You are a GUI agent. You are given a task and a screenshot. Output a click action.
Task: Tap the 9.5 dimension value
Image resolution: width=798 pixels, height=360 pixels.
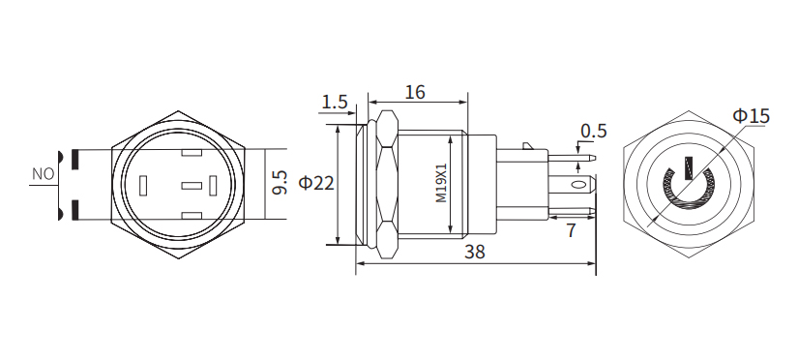280,182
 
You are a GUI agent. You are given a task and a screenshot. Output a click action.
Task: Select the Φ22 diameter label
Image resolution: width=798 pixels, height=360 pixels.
316,183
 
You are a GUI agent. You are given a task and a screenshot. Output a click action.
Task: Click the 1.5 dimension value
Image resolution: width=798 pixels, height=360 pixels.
335,102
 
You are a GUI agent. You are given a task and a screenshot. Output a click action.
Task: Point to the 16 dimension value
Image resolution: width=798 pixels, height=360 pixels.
414,93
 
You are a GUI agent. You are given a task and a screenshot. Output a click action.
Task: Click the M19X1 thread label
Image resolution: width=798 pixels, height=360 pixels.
441,183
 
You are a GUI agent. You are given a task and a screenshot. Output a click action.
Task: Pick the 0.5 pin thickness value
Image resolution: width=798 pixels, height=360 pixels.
593,131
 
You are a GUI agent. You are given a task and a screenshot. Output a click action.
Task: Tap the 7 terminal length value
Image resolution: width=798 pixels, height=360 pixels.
571,230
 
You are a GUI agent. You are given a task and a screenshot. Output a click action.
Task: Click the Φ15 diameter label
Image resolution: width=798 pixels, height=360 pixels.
752,116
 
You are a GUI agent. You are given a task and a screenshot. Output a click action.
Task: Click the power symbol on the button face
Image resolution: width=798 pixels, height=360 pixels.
688,184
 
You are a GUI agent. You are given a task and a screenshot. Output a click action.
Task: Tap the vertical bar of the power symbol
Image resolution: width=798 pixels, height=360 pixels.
689,170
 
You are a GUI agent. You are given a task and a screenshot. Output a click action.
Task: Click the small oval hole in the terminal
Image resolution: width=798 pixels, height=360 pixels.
578,183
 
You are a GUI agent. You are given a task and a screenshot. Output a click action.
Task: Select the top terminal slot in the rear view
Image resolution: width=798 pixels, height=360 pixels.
191,153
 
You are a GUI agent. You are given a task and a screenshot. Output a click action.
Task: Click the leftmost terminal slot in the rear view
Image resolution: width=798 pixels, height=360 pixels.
145,184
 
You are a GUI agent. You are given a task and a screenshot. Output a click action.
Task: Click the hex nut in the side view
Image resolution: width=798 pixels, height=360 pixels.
387,183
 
